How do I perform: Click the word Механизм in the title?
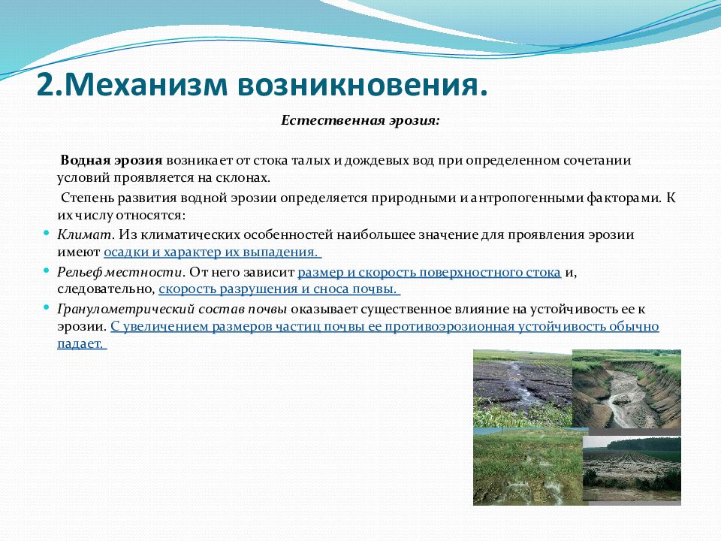point(146,85)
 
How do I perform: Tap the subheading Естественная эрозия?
point(360,121)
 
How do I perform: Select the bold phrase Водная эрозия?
point(112,161)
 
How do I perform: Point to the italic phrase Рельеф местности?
point(120,272)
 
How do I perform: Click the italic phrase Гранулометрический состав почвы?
point(172,309)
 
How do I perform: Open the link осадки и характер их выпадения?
point(211,252)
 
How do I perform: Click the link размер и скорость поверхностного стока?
point(430,272)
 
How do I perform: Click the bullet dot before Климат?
point(46,233)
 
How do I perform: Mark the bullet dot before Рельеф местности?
point(46,271)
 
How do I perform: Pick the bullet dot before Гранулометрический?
point(46,308)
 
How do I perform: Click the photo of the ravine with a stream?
point(626,389)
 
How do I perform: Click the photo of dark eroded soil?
point(523,388)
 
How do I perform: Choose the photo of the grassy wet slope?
point(528,467)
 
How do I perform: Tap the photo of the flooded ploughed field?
point(632,469)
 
